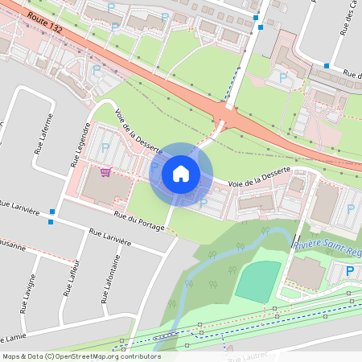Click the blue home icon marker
coord(181,174)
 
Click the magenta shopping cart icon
coord(105,172)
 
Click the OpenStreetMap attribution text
coord(81,356)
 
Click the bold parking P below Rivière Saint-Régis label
coord(350,271)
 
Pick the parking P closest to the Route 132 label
coord(114,27)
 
